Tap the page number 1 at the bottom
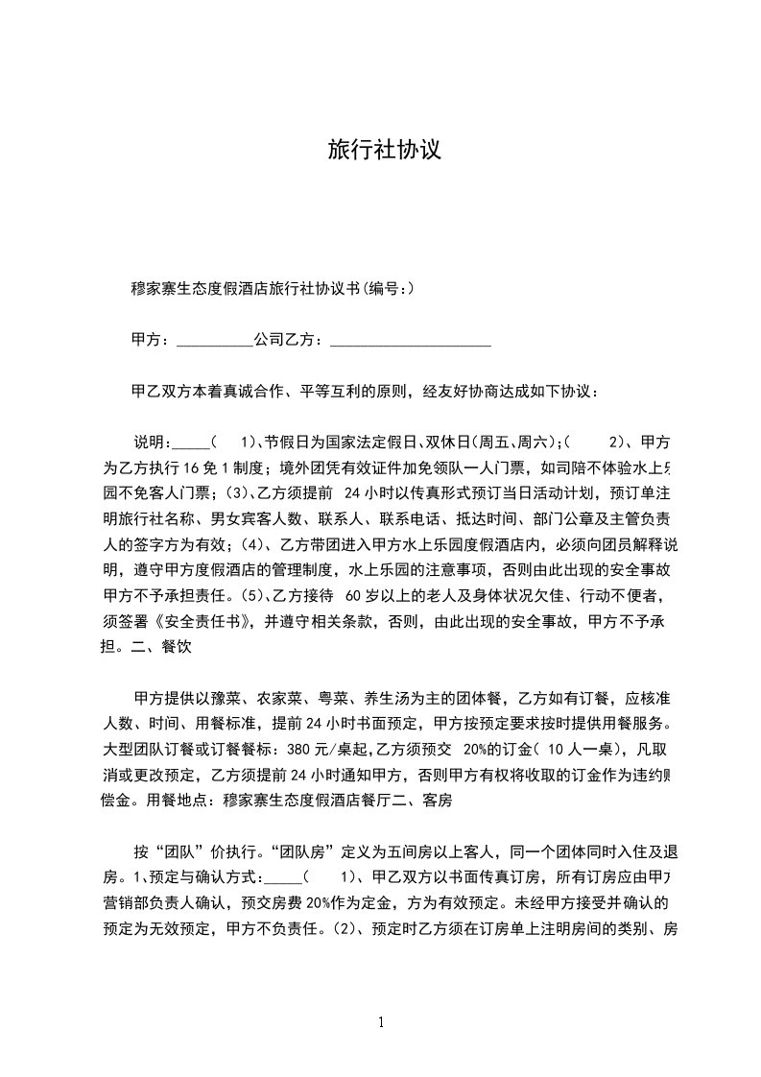point(381,1022)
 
